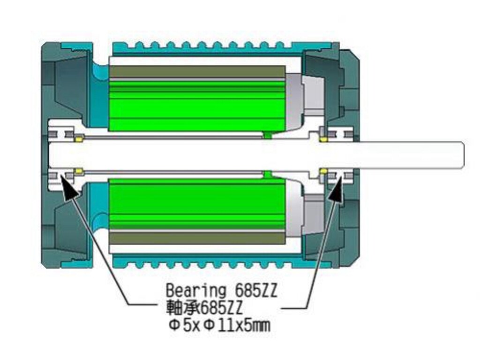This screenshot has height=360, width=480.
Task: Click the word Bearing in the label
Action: pyautogui.click(x=195, y=290)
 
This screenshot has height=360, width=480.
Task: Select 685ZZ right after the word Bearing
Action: pyautogui.click(x=255, y=290)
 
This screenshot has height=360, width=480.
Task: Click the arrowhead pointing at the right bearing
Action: pyautogui.click(x=337, y=188)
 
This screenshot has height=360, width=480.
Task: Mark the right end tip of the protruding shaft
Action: pyautogui.click(x=464, y=155)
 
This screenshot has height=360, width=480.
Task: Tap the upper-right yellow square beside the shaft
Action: pyautogui.click(x=323, y=140)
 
